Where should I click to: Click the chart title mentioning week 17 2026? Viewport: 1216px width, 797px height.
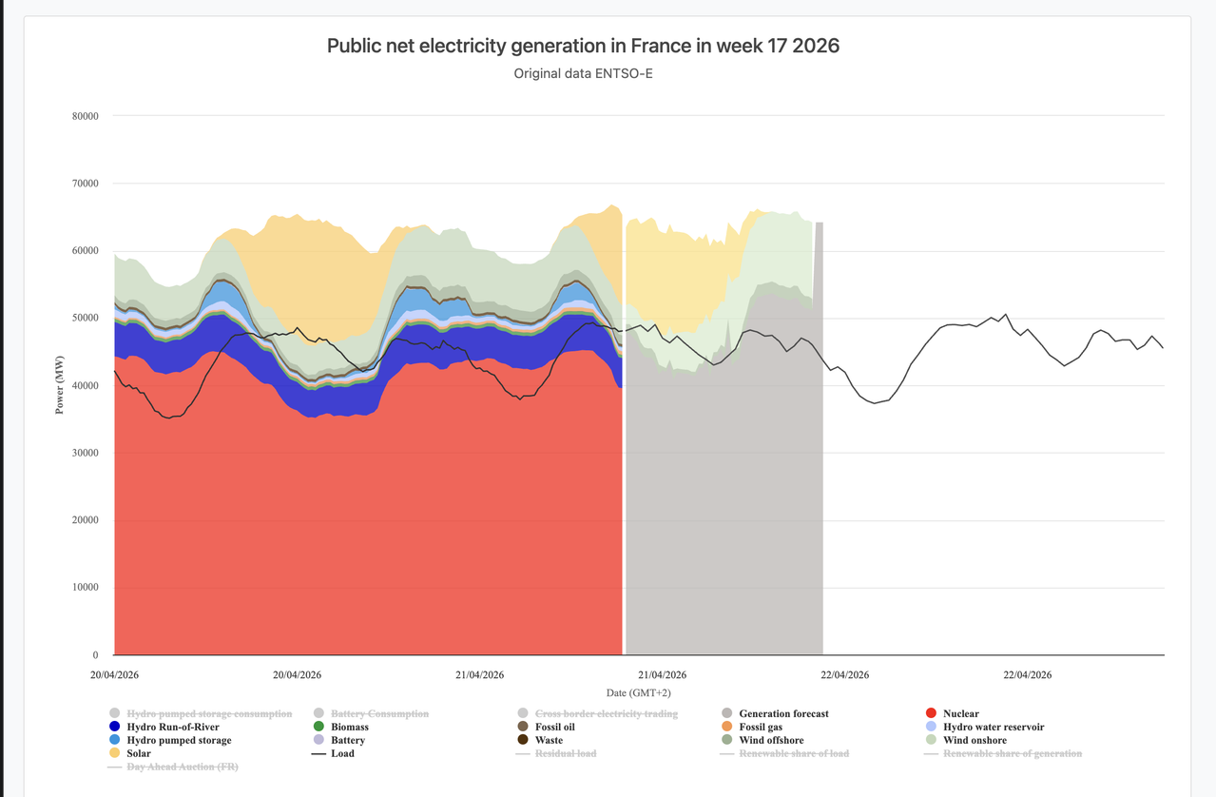(583, 46)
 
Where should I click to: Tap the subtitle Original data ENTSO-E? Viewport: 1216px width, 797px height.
(583, 73)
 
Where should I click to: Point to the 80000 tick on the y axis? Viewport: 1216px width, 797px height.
(85, 116)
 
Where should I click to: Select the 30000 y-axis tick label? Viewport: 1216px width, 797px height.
(85, 453)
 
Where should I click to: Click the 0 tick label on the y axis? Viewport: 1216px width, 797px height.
(95, 655)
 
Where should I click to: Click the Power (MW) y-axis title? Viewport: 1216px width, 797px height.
(60, 385)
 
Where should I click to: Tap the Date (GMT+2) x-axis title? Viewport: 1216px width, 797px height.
(638, 692)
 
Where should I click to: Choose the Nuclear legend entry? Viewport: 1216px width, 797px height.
(960, 713)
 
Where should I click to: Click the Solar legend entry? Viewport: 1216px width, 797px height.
(139, 753)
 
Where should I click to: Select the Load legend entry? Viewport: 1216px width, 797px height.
(342, 753)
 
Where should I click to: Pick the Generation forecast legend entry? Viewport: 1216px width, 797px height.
(783, 713)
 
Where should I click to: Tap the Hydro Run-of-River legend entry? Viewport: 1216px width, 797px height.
(172, 727)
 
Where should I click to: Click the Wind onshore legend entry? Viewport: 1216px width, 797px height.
(975, 740)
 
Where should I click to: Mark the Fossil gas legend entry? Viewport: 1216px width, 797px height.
(761, 727)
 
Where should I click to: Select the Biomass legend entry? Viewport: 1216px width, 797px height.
(349, 727)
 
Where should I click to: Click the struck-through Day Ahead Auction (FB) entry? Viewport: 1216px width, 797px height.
(182, 767)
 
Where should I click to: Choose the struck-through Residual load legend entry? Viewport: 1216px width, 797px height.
(566, 753)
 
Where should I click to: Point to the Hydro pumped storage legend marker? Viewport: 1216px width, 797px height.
(115, 740)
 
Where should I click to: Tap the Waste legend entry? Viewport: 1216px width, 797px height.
(549, 740)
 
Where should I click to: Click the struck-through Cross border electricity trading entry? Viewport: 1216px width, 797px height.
(606, 713)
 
